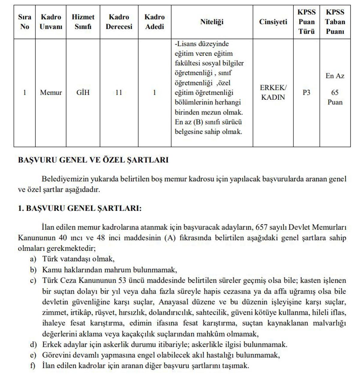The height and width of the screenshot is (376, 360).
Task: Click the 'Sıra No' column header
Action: point(25,22)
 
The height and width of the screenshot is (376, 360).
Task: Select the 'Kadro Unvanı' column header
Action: point(51,22)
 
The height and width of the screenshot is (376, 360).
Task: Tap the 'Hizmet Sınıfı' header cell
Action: point(83,22)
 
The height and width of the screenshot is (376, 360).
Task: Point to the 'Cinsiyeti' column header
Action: point(273,22)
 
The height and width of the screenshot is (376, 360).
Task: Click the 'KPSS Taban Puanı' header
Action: point(335,22)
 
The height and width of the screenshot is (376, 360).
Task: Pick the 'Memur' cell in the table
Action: point(51,93)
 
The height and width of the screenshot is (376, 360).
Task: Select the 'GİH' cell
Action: point(83,93)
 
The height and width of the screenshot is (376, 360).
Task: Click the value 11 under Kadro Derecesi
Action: point(119,93)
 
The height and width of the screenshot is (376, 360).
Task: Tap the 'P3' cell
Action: point(306,93)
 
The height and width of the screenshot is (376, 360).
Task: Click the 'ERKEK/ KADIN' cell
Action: point(273,93)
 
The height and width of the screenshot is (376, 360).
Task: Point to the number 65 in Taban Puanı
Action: point(335,93)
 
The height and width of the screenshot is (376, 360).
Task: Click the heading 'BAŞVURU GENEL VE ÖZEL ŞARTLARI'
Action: point(93,160)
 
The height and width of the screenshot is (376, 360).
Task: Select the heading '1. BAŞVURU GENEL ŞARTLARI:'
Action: point(79,208)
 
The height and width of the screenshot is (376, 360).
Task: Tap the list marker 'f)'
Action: point(33,366)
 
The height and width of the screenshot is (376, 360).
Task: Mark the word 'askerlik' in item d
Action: point(116,345)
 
